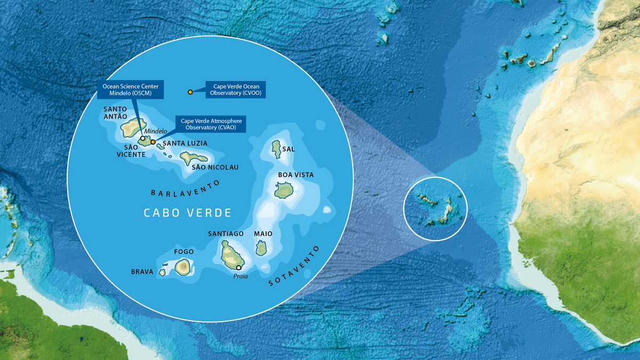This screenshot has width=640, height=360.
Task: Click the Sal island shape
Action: click(x=276, y=148)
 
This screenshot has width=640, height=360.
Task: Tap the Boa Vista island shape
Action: click(x=284, y=190)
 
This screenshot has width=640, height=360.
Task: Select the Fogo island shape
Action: click(x=183, y=266)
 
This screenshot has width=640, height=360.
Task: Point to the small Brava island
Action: click(x=162, y=272)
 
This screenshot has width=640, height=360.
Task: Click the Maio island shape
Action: click(x=261, y=247)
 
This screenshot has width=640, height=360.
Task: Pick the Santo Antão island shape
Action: click(x=131, y=128)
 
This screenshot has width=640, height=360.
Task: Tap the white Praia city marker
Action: click(x=239, y=268)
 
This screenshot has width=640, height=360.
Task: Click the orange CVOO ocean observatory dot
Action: click(x=190, y=92)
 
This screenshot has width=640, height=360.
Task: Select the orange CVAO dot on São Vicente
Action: click(x=153, y=142)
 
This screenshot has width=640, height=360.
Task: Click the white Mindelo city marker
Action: click(x=142, y=138)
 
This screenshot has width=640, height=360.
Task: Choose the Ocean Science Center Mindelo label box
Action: click(x=131, y=90)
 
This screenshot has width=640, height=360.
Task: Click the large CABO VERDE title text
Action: click(x=188, y=213)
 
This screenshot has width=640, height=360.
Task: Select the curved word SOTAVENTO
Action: click(x=294, y=267)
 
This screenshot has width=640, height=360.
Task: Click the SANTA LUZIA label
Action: click(x=185, y=143)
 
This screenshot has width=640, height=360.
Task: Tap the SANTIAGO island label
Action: click(x=226, y=234)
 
